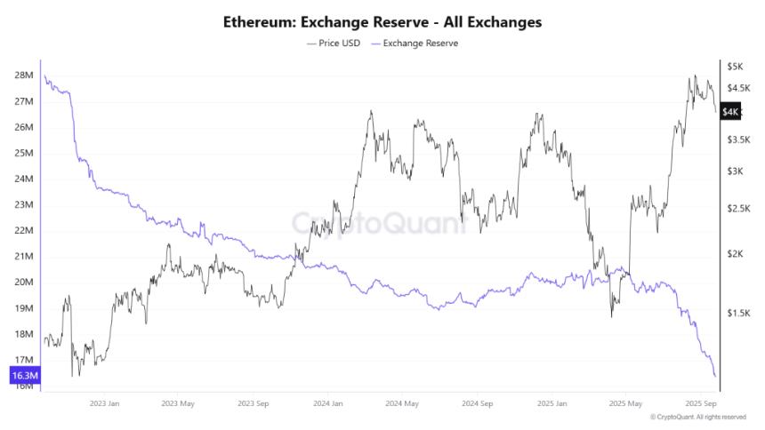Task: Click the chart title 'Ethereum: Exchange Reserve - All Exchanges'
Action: pos(382,21)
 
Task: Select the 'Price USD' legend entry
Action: pos(334,43)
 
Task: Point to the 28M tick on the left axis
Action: pos(24,76)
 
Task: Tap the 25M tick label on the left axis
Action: pos(24,153)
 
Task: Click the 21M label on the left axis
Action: pos(24,257)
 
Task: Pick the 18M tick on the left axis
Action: pos(24,334)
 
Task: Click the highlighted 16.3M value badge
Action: pos(23,377)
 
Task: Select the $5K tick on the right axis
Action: pos(735,67)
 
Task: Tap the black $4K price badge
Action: pos(730,112)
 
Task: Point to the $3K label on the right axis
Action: pos(735,171)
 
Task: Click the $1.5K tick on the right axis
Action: pos(738,313)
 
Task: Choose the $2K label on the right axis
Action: pos(735,254)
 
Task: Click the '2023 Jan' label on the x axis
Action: pos(105,402)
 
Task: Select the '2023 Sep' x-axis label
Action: pos(254,402)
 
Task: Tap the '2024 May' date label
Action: pos(403,402)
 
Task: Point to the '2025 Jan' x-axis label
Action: pos(551,402)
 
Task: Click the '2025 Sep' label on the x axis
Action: pos(699,402)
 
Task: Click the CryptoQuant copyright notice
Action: pos(698,417)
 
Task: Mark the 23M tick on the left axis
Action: pos(24,204)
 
